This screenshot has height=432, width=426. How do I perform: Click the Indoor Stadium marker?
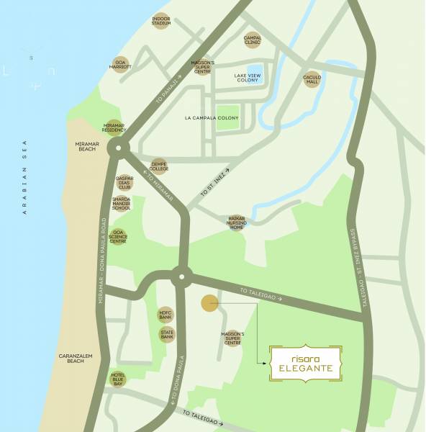(161, 22)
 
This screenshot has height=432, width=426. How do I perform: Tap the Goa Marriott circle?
(120, 65)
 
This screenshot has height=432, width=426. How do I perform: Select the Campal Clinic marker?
(253, 40)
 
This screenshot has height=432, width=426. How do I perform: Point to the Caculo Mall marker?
(312, 79)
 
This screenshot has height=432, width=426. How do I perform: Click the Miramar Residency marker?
(114, 127)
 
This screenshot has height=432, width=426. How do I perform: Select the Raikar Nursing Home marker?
(237, 222)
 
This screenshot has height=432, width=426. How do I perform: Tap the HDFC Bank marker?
(166, 315)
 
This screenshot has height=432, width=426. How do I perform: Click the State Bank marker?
(166, 334)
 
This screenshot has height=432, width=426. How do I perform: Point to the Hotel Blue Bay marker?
(119, 378)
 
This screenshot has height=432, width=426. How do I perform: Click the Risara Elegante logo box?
(306, 363)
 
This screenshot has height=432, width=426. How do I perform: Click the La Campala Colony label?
(211, 118)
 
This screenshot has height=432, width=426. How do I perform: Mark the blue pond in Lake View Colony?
(256, 73)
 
